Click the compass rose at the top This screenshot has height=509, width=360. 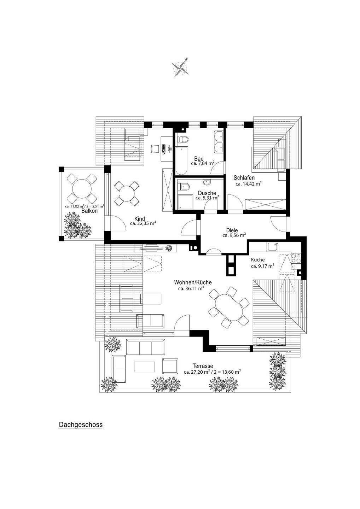coord(181,67)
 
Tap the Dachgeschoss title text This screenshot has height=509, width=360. coord(80,425)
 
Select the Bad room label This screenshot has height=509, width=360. coord(199,158)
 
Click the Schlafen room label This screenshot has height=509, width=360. coord(244,178)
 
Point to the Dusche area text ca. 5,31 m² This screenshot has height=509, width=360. coord(207,198)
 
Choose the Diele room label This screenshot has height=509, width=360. coord(232,230)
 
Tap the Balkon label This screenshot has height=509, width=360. coord(89,211)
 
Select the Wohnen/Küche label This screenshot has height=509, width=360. coord(193,282)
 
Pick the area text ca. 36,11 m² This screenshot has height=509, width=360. coord(191,288)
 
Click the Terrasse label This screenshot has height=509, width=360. coord(203,366)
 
